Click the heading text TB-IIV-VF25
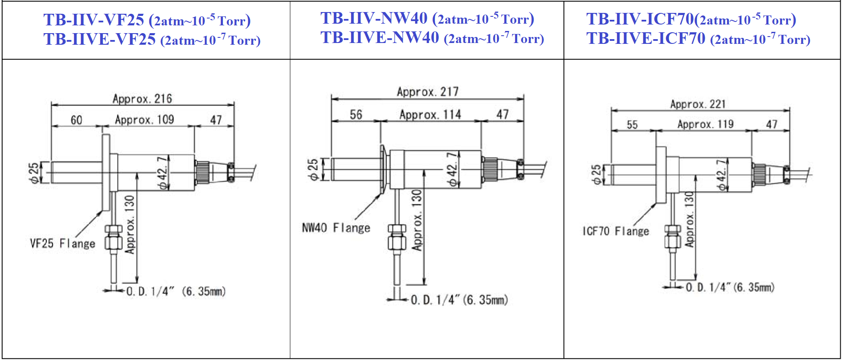tap(94, 20)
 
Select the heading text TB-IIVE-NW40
tap(380, 38)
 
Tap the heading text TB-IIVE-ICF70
tap(646, 39)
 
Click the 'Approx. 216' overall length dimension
tap(142, 99)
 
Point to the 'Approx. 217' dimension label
tap(428, 92)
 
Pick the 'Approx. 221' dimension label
tap(698, 104)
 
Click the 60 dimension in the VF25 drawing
tap(77, 120)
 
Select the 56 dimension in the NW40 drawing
tap(356, 115)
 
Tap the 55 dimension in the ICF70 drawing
tap(632, 125)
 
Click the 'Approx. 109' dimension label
tap(145, 120)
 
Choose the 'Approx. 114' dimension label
tap(430, 115)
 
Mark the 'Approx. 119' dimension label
tap(706, 124)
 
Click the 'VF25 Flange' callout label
tap(63, 244)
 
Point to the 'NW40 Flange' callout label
tap(336, 228)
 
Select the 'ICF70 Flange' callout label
tap(616, 231)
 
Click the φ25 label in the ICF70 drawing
tap(596, 175)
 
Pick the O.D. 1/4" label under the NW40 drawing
tap(459, 300)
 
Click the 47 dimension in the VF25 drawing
tap(216, 120)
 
